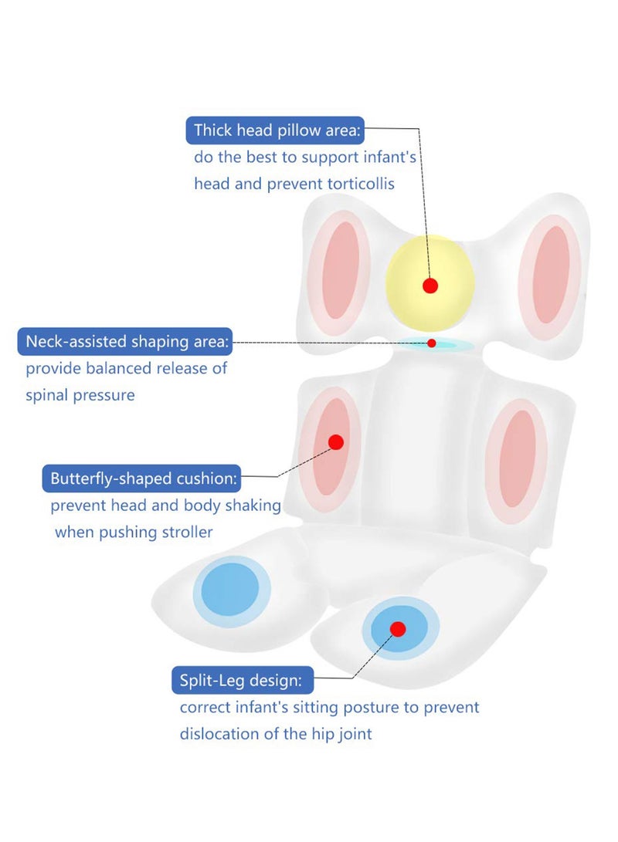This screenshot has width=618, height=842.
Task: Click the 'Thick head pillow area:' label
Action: point(277,130)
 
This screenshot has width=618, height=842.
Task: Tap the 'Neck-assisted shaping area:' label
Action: point(127,342)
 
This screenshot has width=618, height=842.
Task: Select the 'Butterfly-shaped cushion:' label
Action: point(143,478)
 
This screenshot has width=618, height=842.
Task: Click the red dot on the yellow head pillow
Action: point(430,286)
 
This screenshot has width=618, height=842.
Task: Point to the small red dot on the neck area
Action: point(432,343)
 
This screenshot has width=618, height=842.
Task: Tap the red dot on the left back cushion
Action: point(336,442)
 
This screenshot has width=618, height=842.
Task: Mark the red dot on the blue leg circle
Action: point(398,629)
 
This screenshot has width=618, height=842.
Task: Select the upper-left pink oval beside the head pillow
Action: point(341,270)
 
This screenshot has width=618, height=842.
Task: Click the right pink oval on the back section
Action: point(518,458)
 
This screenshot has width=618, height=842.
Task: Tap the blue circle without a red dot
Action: point(230,590)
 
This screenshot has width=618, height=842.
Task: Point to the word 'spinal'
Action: point(46,395)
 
